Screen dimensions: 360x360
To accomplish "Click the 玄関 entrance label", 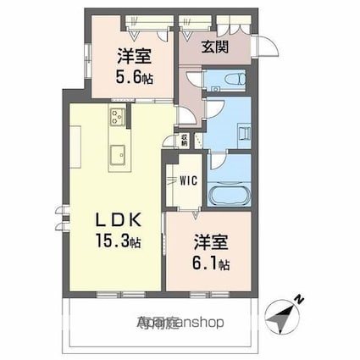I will click(212, 47).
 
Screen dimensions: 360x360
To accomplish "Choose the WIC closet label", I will click(188, 180).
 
